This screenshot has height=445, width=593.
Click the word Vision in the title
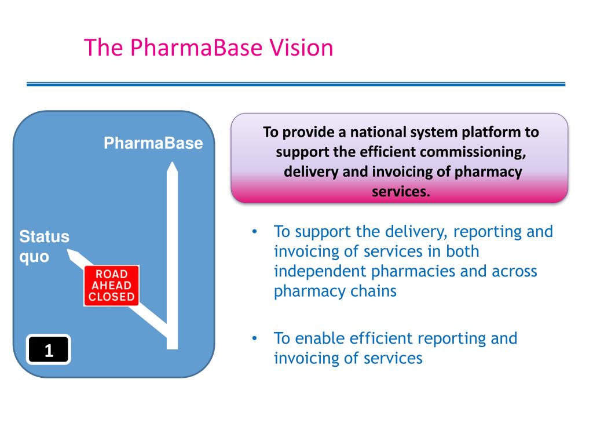pyautogui.click(x=301, y=48)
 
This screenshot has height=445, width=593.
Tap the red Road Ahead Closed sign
pyautogui.click(x=112, y=285)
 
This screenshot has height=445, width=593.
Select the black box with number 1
pyautogui.click(x=49, y=349)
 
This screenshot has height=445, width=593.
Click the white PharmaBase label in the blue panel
pyautogui.click(x=153, y=143)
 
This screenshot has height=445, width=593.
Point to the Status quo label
pyautogui.click(x=44, y=246)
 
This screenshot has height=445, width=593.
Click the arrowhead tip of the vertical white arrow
pyautogui.click(x=173, y=162)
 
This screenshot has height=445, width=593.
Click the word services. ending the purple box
pyautogui.click(x=401, y=191)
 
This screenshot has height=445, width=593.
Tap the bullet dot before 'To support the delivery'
pyautogui.click(x=255, y=231)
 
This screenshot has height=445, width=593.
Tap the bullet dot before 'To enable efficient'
pyautogui.click(x=255, y=338)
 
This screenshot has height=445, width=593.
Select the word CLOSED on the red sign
pyautogui.click(x=112, y=297)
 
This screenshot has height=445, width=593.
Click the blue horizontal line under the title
pyautogui.click(x=296, y=85)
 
